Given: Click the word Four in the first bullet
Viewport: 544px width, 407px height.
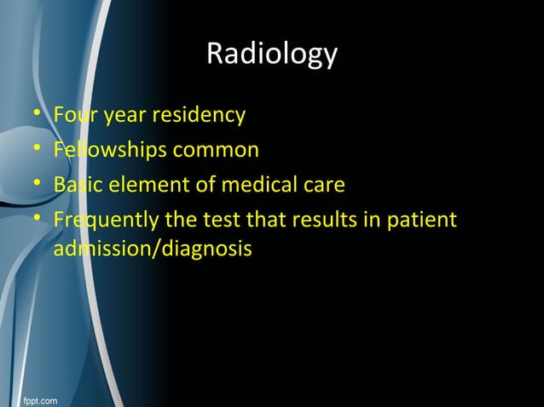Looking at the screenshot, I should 72,114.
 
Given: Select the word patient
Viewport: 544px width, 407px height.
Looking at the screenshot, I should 423,221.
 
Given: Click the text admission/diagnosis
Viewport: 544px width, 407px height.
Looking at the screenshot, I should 152,249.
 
